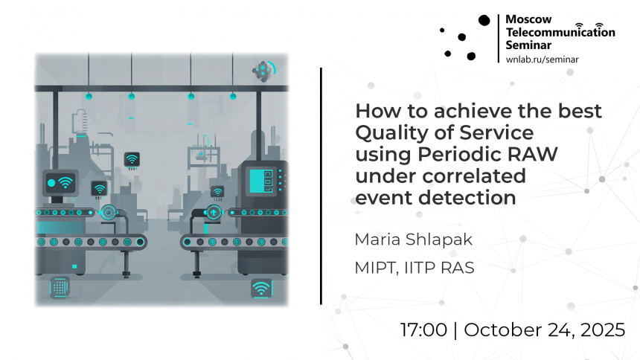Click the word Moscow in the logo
coord(528,19)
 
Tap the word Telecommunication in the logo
coord(560,32)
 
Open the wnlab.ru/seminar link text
coord(542,60)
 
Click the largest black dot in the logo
coord(484,20)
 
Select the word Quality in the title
coord(390,133)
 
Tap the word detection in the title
coord(467,198)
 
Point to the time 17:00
coord(423,330)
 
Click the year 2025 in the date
coord(603,330)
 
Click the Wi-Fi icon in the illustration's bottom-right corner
coord(261,288)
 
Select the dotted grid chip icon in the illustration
coord(60,287)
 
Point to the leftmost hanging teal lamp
coord(89,97)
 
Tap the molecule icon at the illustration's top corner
coord(263,71)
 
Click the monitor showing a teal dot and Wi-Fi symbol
coord(60,183)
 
